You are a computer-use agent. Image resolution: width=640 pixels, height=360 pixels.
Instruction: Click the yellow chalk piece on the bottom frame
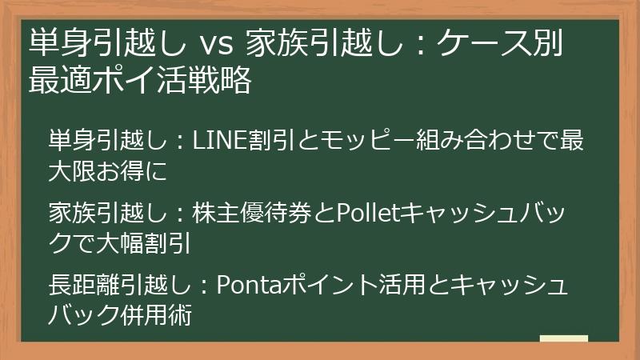[564, 339]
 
